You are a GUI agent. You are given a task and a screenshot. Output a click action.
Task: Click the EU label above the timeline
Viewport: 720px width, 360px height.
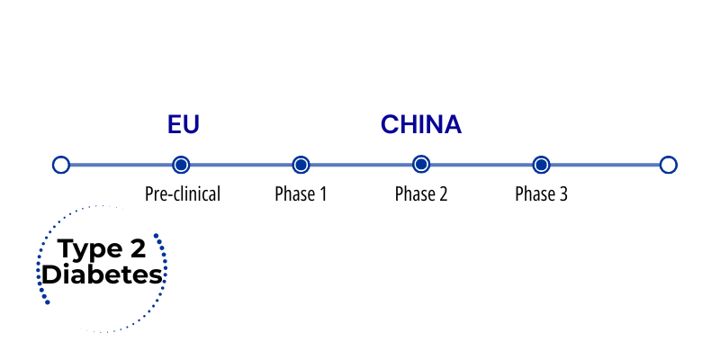pos(184,124)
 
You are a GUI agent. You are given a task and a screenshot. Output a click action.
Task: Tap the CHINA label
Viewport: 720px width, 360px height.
pos(421,124)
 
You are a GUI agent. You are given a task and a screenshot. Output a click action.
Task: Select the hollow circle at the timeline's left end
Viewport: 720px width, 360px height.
pos(61,165)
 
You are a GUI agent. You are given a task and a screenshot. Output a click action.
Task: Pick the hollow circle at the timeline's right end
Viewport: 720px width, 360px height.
pos(669,165)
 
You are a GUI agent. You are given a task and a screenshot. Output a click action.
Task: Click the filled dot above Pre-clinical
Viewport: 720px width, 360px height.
pos(181,165)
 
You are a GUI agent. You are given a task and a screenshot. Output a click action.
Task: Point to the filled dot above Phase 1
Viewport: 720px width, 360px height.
pos(301,165)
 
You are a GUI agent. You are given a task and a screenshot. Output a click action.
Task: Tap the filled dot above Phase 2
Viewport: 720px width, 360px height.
pos(421,165)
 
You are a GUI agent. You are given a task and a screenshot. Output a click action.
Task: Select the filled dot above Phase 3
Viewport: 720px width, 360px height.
pos(542,165)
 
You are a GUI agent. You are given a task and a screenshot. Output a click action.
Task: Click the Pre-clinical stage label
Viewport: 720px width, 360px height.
pos(183,194)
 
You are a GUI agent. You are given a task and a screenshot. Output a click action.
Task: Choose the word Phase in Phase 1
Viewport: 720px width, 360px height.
pos(292,194)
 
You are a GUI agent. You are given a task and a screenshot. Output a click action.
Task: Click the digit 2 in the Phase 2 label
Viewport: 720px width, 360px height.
pos(443,194)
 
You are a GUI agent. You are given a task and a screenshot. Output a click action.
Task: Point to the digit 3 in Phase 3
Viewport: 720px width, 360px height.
pos(563,194)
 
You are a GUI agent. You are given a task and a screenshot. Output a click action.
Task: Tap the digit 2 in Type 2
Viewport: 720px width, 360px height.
pos(136,248)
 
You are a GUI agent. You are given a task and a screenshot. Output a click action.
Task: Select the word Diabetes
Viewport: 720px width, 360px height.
pos(102,274)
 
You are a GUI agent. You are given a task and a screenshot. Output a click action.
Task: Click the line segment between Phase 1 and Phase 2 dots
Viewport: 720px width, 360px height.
pos(361,165)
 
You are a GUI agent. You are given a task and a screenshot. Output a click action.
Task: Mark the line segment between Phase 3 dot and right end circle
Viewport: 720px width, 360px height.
pos(605,165)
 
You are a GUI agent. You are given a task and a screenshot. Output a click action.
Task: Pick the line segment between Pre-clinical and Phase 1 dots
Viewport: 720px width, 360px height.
pos(240,165)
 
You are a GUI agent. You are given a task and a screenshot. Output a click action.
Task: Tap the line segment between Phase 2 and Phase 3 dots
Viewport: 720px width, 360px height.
pos(481,165)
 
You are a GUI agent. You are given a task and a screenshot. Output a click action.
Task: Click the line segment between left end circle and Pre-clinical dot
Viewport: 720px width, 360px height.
pos(121,165)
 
